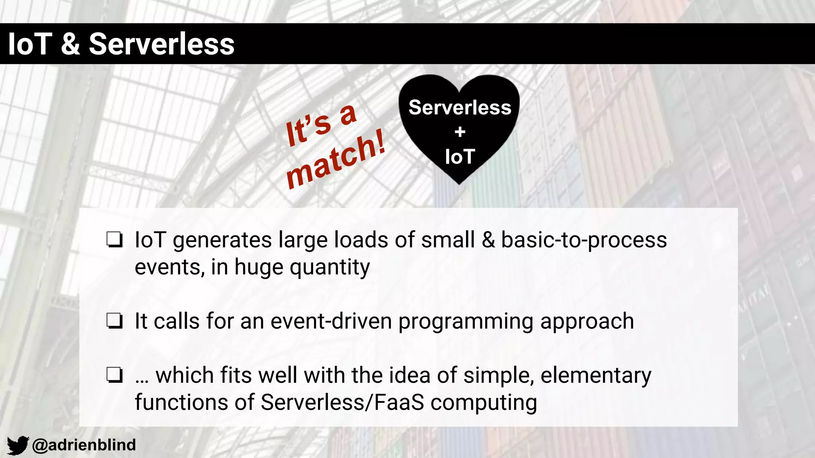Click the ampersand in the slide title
coord(70,44)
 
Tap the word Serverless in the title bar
coord(161,44)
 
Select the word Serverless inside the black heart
coord(460,107)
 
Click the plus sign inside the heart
coord(460,132)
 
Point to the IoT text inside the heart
coord(460,157)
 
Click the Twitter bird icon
coord(18,445)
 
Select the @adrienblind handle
coord(84,445)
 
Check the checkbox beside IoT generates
coord(114,240)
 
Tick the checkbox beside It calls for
coord(114,321)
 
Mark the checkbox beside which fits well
coord(114,375)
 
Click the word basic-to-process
coord(584,240)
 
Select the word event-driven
coord(331,321)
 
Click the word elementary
coord(596,376)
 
